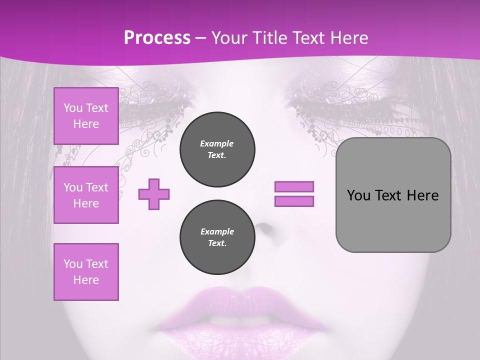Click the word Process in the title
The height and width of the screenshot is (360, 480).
pos(157,38)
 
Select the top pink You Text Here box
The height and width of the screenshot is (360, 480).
pos(86,116)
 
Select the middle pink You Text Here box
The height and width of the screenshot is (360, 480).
pos(86,195)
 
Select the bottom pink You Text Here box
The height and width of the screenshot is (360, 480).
pos(86,272)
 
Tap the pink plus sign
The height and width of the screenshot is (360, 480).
pos(154,194)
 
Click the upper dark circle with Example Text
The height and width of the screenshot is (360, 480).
pos(217,149)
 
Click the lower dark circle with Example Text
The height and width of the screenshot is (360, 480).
pos(217,237)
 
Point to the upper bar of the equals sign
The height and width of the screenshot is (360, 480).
pos(294,186)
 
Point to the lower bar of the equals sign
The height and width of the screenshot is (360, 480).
pos(294,201)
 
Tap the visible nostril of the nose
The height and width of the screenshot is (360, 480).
pos(264,229)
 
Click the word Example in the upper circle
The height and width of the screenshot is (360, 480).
pos(217,143)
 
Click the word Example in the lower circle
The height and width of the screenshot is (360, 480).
pos(217,231)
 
